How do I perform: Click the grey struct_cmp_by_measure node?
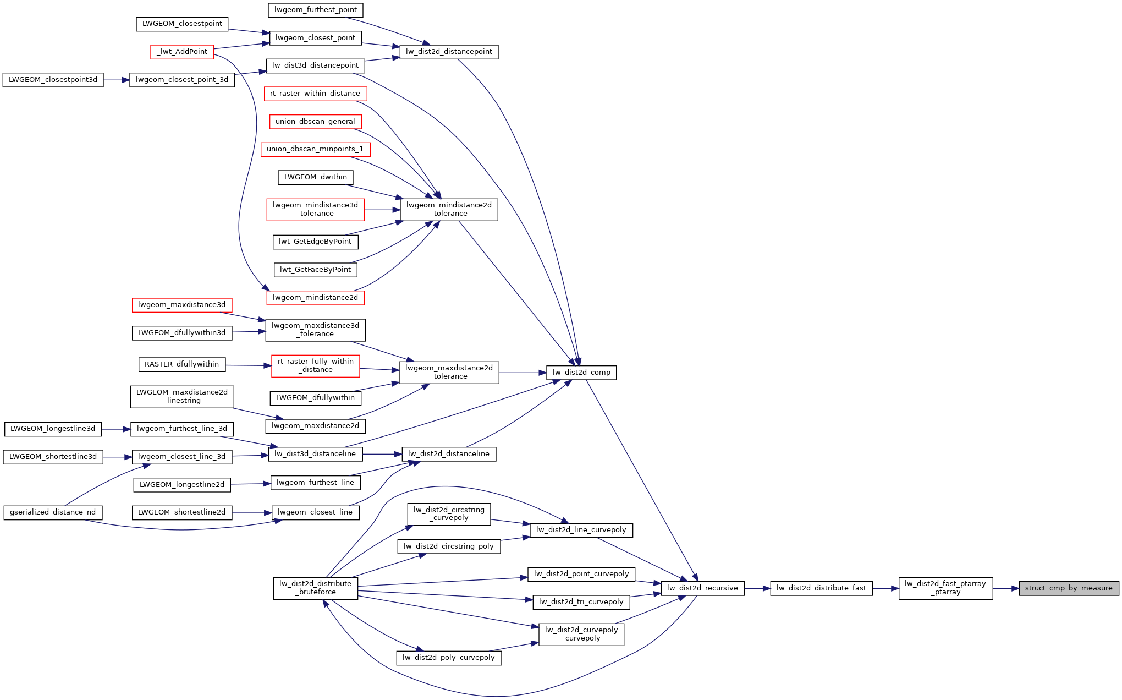click(x=1069, y=588)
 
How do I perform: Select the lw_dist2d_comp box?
click(x=581, y=373)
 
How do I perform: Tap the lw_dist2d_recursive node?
click(x=702, y=588)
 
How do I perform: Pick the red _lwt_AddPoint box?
click(x=182, y=52)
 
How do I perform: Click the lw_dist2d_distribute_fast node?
click(x=821, y=588)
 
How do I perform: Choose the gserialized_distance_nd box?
click(x=53, y=512)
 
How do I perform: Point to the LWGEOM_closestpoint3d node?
click(x=53, y=80)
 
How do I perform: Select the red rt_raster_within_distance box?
click(x=315, y=94)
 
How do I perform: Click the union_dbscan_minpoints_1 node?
click(x=315, y=149)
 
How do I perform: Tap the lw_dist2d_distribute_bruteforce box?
click(x=315, y=588)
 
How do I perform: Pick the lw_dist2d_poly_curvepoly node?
click(x=449, y=658)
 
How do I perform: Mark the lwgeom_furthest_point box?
click(x=316, y=10)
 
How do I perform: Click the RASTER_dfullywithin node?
click(x=182, y=364)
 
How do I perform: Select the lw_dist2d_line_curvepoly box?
click(x=581, y=530)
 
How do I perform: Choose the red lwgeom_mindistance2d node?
click(x=315, y=298)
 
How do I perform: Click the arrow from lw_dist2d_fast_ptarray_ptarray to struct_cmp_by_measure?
click(x=1006, y=588)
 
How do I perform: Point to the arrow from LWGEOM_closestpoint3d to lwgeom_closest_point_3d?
click(x=117, y=80)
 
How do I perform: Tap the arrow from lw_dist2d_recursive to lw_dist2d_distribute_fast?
click(x=757, y=588)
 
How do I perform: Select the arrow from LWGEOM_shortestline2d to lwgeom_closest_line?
click(x=252, y=513)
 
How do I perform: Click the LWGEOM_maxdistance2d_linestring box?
click(x=182, y=397)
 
